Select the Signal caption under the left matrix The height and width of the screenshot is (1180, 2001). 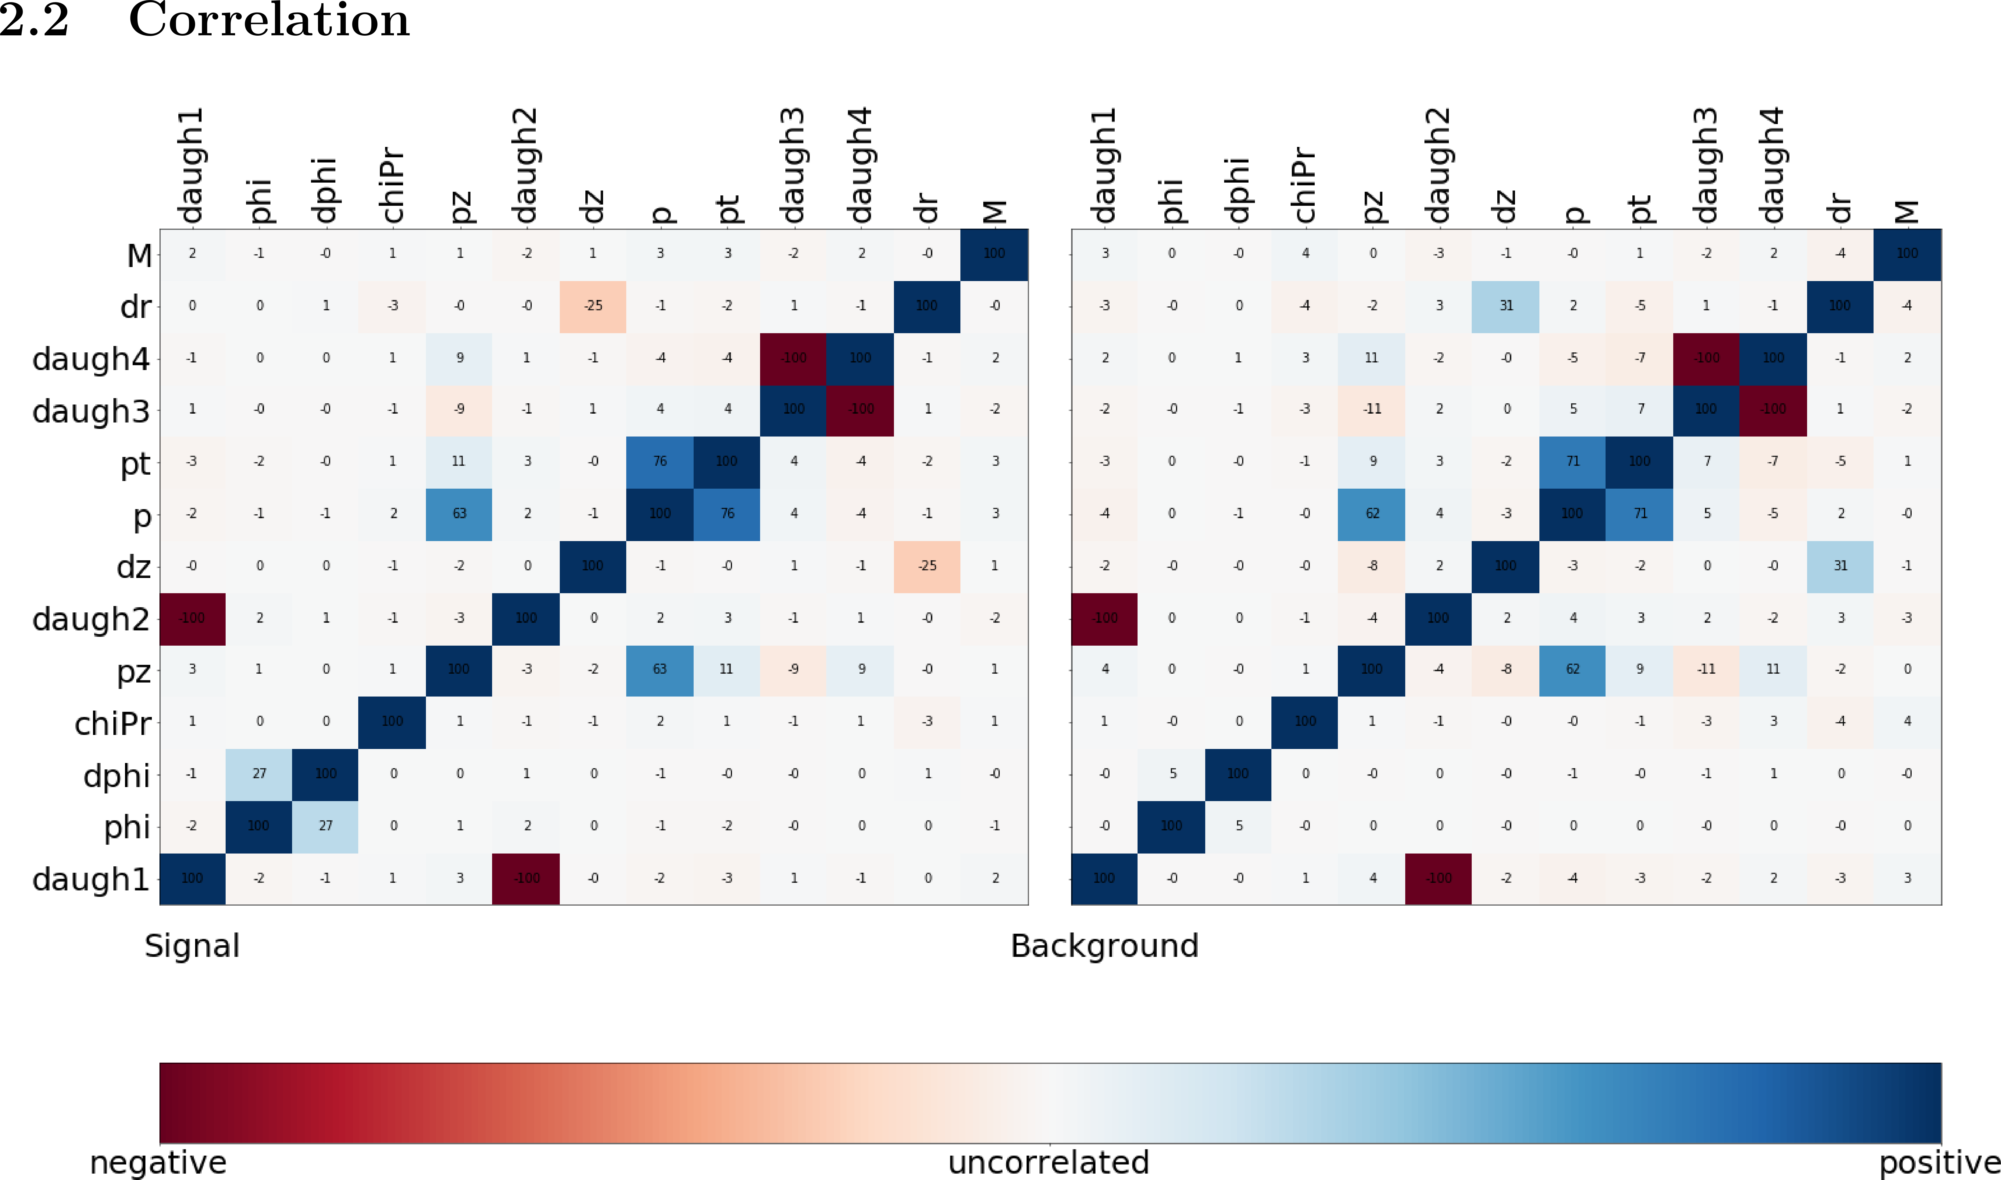pos(192,945)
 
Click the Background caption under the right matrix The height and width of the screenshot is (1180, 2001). pos(1104,945)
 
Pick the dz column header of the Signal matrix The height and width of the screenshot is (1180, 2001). pos(592,207)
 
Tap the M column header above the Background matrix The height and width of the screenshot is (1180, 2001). pos(1907,212)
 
